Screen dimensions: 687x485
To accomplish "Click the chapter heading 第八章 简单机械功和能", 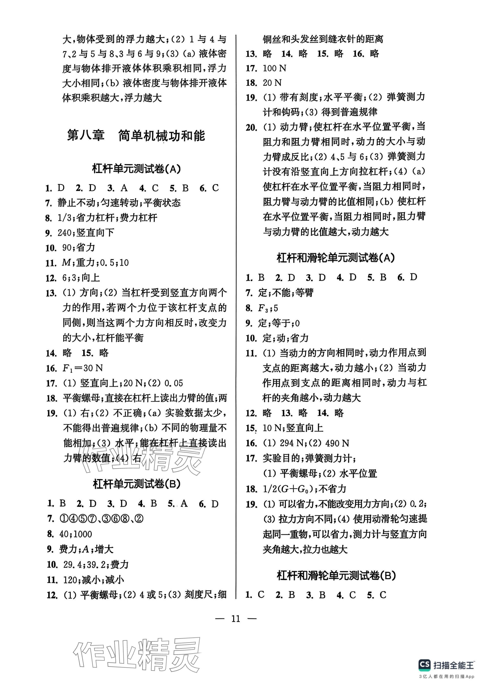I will [x=136, y=135].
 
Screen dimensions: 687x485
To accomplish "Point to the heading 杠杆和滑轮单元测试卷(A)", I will [x=335, y=258].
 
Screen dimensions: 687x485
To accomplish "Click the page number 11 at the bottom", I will [x=236, y=619].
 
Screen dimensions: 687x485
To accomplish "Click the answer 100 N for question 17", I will [x=274, y=68].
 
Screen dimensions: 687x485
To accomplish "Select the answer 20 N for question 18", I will [x=272, y=83].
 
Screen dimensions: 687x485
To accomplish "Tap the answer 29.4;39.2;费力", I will [x=96, y=564].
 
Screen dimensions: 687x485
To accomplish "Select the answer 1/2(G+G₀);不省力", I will [x=304, y=489].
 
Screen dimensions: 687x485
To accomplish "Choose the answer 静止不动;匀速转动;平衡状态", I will [x=119, y=203].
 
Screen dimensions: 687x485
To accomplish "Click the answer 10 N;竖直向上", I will [x=293, y=428].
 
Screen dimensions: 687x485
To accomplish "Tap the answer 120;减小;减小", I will [x=93, y=580].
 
